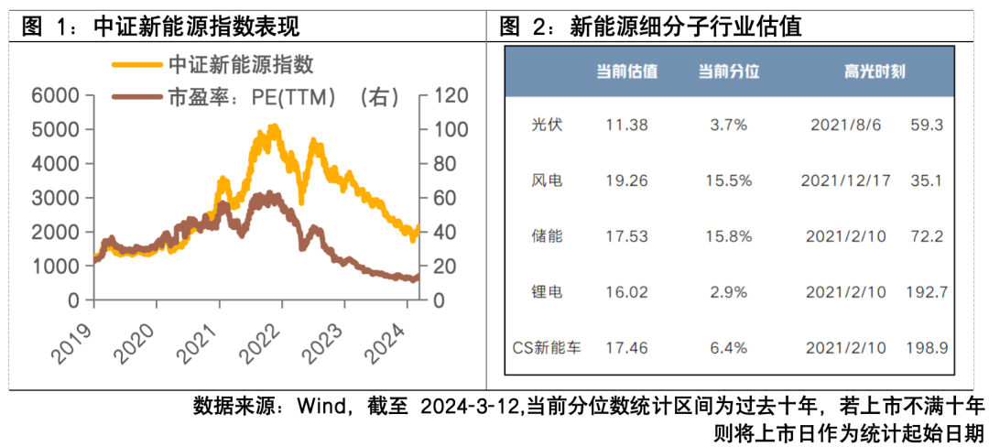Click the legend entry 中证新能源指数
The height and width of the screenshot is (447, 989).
tap(241, 64)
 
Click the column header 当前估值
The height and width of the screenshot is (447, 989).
tap(626, 71)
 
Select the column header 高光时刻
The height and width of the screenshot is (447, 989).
tap(875, 71)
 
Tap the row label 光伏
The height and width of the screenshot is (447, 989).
tap(547, 125)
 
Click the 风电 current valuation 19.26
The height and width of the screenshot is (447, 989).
tap(625, 180)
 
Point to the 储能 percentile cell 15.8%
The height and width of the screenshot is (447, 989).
tap(729, 236)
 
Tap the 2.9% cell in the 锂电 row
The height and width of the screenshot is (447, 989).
tap(729, 292)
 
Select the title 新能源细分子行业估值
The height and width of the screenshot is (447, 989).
tap(685, 26)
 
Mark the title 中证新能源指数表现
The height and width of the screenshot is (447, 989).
tap(196, 26)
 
